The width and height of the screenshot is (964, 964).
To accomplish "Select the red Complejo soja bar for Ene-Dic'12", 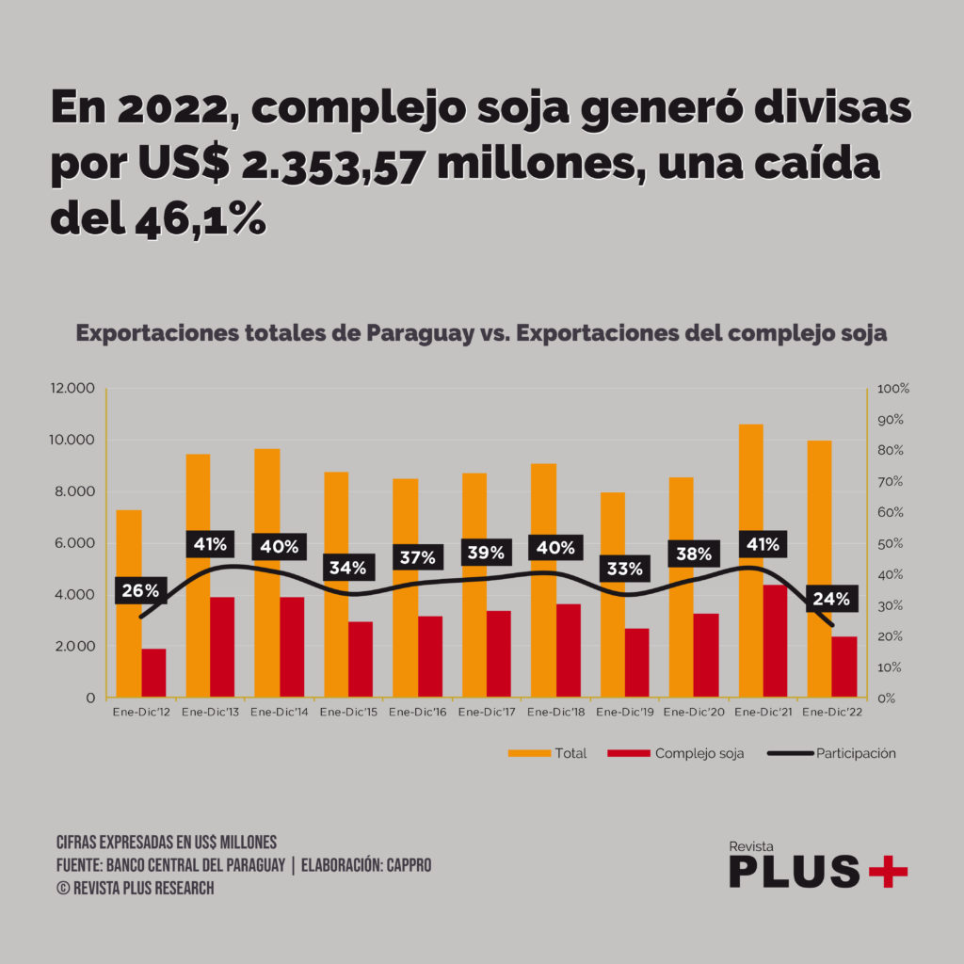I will coord(153,673).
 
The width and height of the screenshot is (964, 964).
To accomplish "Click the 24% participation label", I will coord(831,599).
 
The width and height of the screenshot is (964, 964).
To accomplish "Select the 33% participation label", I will coord(624,569).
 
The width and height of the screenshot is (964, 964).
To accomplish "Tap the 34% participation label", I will coord(348,568).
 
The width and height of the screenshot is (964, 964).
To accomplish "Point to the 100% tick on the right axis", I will coord(893,389).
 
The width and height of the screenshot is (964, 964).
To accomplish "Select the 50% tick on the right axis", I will coord(891,543).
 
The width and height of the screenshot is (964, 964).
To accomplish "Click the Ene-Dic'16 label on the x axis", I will coord(418,714).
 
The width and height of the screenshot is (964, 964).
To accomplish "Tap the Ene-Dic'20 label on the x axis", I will coord(695,714).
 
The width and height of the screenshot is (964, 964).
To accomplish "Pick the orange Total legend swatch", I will coord(528,753).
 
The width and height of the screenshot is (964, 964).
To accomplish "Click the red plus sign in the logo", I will coord(888,872).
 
